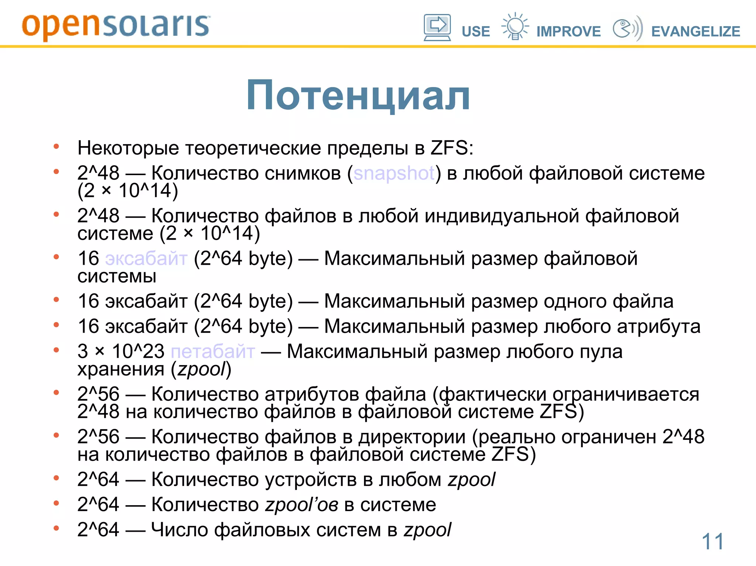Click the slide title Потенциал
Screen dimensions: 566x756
(358, 96)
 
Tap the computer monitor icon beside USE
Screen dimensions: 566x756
(437, 28)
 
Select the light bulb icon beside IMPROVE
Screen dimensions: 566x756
(515, 27)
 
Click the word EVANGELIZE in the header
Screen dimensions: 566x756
(695, 32)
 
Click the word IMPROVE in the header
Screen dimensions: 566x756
(568, 32)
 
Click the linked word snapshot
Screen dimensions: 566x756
(394, 173)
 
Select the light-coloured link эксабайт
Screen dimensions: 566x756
(146, 258)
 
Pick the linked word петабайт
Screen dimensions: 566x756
(213, 351)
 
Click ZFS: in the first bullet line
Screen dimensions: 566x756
(452, 148)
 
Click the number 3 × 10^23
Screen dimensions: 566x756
(121, 351)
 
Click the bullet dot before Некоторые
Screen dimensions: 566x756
(56, 147)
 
